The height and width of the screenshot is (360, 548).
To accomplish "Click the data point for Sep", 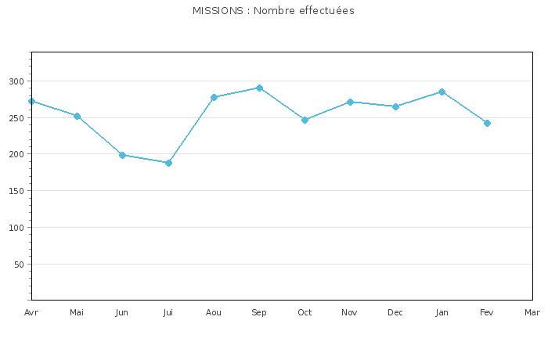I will (259, 88).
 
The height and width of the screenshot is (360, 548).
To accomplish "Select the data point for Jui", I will (168, 163).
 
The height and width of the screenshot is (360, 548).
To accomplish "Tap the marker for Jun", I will (122, 155).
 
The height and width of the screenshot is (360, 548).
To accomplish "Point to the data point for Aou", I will (214, 97).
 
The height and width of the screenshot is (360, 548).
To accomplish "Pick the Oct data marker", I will (305, 120).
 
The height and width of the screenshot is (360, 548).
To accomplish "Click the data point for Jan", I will (442, 92).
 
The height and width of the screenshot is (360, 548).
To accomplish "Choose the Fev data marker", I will (487, 123).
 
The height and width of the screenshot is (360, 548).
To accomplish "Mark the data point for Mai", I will (77, 116).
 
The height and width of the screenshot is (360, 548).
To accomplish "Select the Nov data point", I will (350, 102).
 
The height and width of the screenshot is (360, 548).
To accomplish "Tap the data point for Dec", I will (395, 106).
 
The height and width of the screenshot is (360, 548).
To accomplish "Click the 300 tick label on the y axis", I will (16, 81).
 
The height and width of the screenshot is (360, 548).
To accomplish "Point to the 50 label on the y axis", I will (20, 265).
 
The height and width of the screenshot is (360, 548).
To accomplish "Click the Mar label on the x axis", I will (532, 313).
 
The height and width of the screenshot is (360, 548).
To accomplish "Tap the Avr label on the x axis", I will (31, 313).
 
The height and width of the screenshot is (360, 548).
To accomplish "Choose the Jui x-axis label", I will (168, 313).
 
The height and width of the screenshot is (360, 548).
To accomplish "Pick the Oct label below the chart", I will (305, 313).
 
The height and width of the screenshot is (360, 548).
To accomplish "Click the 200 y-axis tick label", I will (16, 154).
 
